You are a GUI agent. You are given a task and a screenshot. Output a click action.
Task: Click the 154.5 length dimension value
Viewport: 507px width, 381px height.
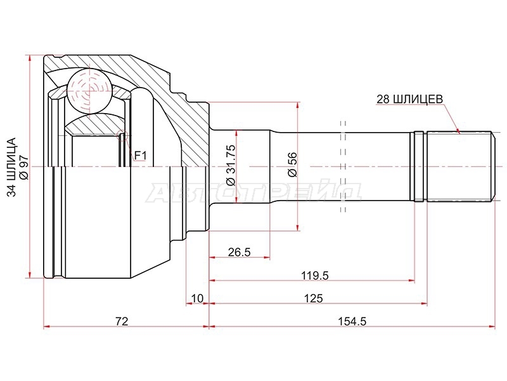[x=352, y=321]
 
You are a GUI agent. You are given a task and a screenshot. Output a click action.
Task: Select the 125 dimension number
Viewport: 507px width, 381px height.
[x=313, y=298]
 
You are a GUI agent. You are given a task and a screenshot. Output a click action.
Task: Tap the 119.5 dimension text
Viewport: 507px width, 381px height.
[x=314, y=276]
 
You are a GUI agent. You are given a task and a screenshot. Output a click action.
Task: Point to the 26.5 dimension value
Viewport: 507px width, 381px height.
[x=240, y=251]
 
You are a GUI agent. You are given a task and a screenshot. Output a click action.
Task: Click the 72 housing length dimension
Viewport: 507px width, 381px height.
[x=122, y=321]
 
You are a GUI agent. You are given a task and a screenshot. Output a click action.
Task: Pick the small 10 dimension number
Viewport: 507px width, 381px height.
[x=197, y=298]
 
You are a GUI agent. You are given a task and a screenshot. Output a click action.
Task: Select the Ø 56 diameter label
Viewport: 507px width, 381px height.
[x=292, y=164]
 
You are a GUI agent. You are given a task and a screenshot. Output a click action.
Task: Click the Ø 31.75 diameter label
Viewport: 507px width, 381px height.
[x=231, y=165]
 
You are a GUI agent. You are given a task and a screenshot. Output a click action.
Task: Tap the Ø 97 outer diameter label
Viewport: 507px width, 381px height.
[x=24, y=168]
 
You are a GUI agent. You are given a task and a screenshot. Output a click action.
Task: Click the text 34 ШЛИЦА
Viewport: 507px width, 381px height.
[x=11, y=167]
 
